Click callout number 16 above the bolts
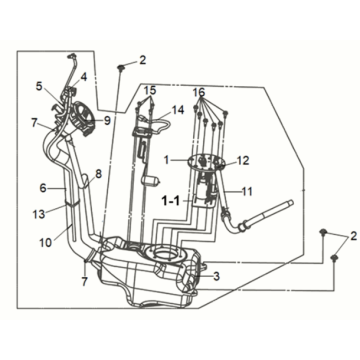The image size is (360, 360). (200, 91)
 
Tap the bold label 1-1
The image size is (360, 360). (172, 199)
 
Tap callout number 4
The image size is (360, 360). (84, 77)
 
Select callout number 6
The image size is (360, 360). (42, 187)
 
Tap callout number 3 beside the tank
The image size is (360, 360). (217, 276)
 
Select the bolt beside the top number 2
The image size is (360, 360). (121, 65)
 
